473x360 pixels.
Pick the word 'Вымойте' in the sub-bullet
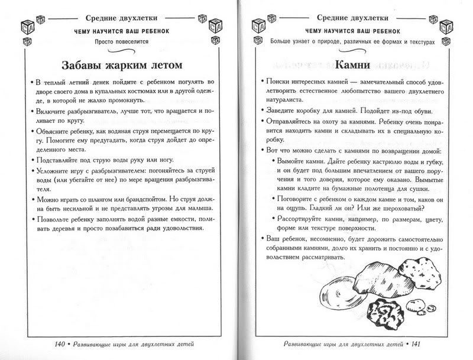[x=294, y=161]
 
